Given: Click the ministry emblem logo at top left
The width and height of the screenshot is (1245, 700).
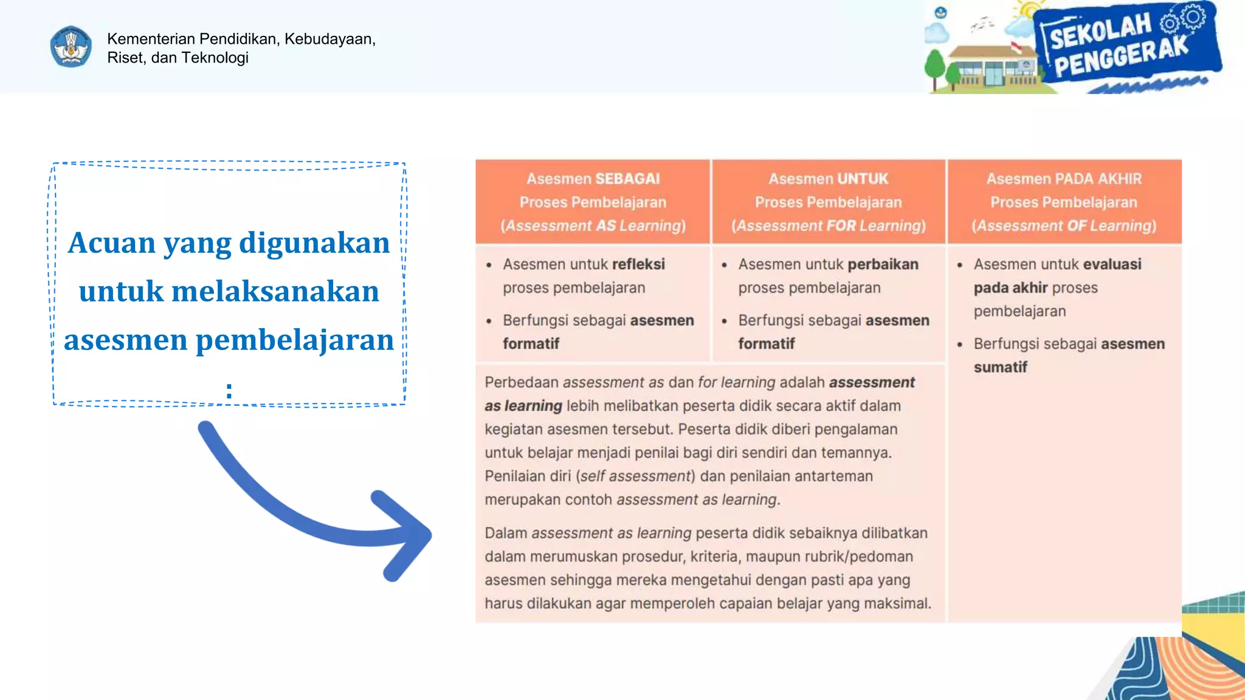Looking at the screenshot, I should (71, 47).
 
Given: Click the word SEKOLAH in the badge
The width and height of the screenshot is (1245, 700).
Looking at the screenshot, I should (1100, 31).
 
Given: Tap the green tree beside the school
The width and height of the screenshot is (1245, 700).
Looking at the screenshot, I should (936, 67).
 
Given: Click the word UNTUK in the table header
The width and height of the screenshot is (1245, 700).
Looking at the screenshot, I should (863, 179).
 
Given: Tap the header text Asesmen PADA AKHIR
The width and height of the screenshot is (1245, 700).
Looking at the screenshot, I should (1064, 179).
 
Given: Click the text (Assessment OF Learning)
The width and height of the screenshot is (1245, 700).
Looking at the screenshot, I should (1064, 225).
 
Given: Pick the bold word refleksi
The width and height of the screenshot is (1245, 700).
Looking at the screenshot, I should (638, 264).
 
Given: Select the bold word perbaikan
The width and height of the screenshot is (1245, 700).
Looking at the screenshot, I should (883, 264).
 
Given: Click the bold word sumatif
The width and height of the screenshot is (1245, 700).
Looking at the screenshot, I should (1000, 367).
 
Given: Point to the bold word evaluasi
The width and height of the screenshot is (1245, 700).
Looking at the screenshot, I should (1112, 264).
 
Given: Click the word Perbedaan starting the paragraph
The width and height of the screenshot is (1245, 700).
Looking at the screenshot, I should (521, 382).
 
